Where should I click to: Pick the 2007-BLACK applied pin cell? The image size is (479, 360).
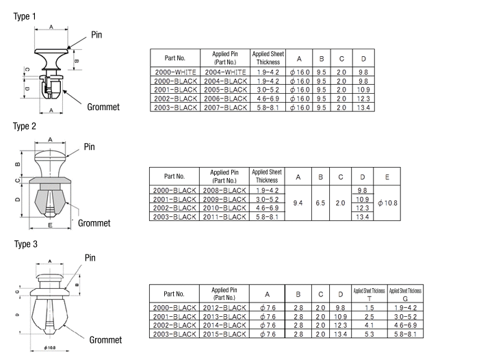[224, 107]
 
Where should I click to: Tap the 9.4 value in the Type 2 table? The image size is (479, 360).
[298, 203]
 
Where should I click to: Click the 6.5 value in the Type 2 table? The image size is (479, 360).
[320, 203]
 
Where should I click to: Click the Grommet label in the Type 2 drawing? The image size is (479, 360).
[94, 223]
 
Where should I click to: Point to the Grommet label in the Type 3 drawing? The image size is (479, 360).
[105, 340]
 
